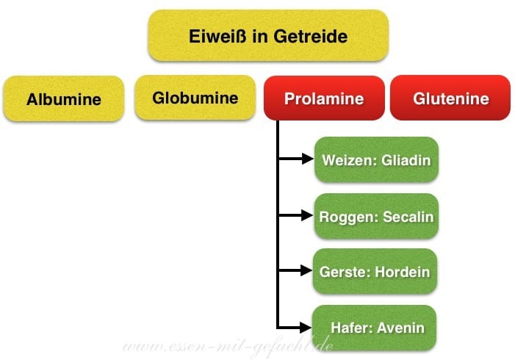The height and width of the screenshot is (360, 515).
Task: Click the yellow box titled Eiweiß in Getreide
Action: point(267,35)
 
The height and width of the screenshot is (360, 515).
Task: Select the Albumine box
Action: point(64,99)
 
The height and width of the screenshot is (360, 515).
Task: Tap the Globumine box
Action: point(195,98)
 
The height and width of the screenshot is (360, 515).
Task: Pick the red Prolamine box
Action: point(324,98)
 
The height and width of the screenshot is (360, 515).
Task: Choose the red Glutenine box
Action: point(450,98)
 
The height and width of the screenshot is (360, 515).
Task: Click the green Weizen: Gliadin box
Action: point(376,159)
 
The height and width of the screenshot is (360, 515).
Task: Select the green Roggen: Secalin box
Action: point(376,217)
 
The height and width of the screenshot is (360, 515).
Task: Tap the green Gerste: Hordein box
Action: point(375,272)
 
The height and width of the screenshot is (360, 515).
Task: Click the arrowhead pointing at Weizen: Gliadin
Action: point(307,159)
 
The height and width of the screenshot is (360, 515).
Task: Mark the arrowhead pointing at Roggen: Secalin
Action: point(307,216)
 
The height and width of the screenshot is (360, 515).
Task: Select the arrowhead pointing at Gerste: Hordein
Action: point(307,272)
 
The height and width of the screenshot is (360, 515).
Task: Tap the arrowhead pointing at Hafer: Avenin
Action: point(307,327)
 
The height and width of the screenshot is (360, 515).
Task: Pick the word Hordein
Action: point(402,272)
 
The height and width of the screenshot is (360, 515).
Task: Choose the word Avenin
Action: point(400,328)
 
